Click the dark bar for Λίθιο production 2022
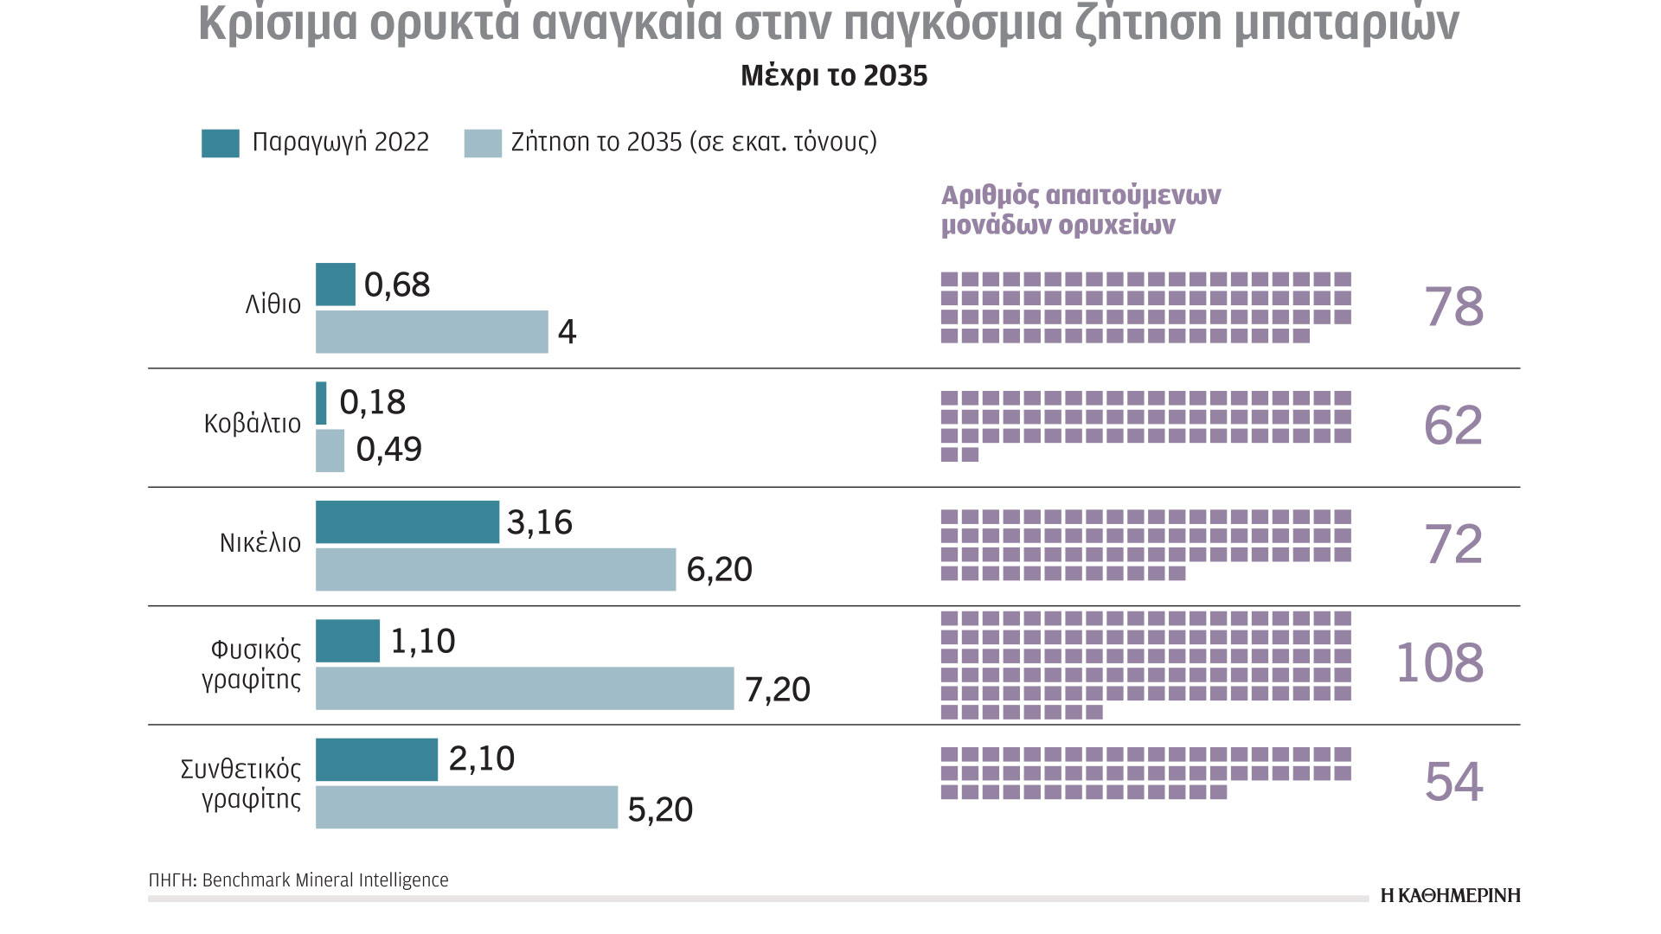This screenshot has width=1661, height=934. point(335,285)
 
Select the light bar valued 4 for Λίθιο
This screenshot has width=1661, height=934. point(432,332)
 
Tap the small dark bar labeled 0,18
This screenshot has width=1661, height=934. point(321,403)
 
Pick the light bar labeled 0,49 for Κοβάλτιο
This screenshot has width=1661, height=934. point(330,451)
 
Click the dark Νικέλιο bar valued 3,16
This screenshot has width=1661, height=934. point(407,522)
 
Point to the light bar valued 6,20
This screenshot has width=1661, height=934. point(495,570)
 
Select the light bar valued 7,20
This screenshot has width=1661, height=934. point(524,688)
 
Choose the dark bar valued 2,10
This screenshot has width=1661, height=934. point(376,759)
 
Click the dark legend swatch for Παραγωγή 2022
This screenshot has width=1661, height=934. point(221,144)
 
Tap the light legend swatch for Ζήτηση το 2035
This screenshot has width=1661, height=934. point(483,144)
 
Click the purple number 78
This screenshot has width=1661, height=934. point(1453,307)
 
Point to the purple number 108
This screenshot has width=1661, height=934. point(1440,663)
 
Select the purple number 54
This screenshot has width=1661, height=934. point(1453,782)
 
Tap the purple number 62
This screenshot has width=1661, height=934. point(1453,425)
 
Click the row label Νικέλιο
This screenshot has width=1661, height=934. point(260,543)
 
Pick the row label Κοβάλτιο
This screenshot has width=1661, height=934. point(253,424)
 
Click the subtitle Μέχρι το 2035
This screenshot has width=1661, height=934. point(834,76)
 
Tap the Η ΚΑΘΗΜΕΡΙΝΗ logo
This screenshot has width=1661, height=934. point(1450,895)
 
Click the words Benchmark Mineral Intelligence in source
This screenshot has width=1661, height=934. point(325,880)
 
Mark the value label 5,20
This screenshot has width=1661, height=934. point(660,809)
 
